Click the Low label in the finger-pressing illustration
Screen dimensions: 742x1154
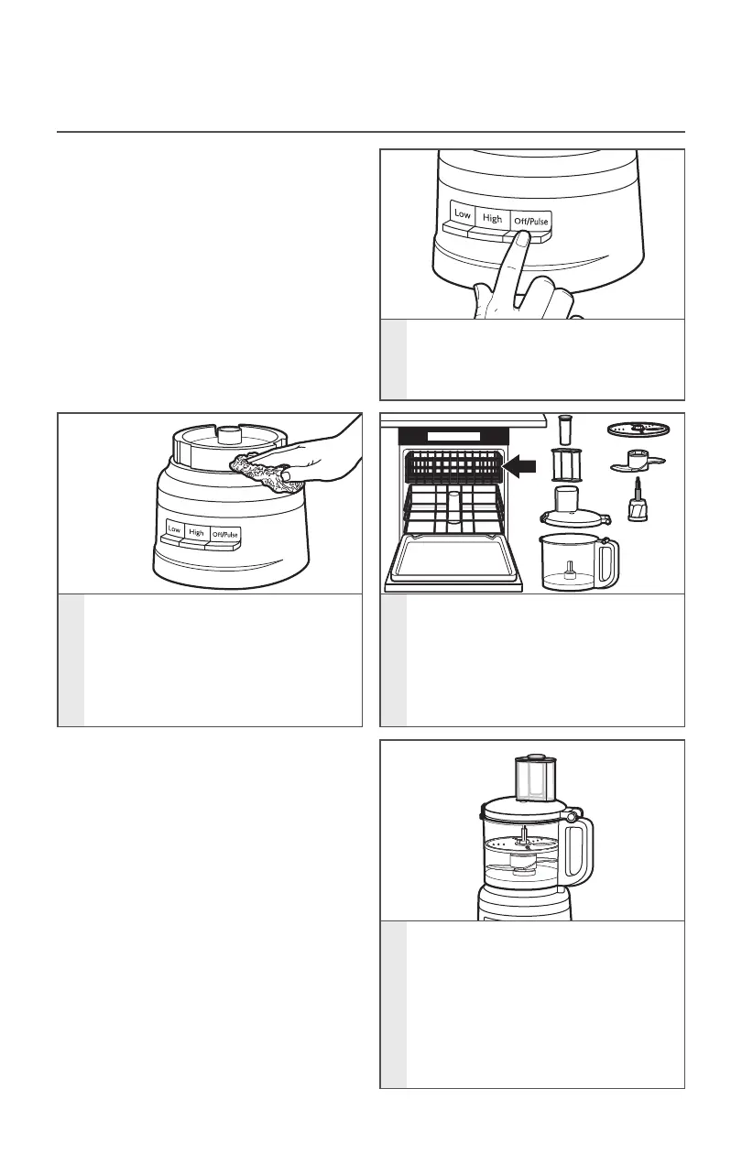click(463, 213)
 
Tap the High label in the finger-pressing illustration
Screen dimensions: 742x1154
click(492, 218)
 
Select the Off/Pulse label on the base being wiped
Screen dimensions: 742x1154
click(225, 535)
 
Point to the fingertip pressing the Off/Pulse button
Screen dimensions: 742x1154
click(521, 239)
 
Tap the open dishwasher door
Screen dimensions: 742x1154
click(453, 561)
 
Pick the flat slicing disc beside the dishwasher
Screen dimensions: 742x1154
click(638, 429)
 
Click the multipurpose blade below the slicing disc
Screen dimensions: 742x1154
click(638, 462)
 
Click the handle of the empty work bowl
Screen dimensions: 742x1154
click(608, 562)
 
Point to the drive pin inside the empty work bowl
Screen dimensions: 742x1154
click(570, 570)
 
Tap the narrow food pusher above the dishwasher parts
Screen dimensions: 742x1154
click(564, 430)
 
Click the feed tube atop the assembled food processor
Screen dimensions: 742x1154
click(535, 778)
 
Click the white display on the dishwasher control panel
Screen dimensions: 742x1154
click(453, 437)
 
